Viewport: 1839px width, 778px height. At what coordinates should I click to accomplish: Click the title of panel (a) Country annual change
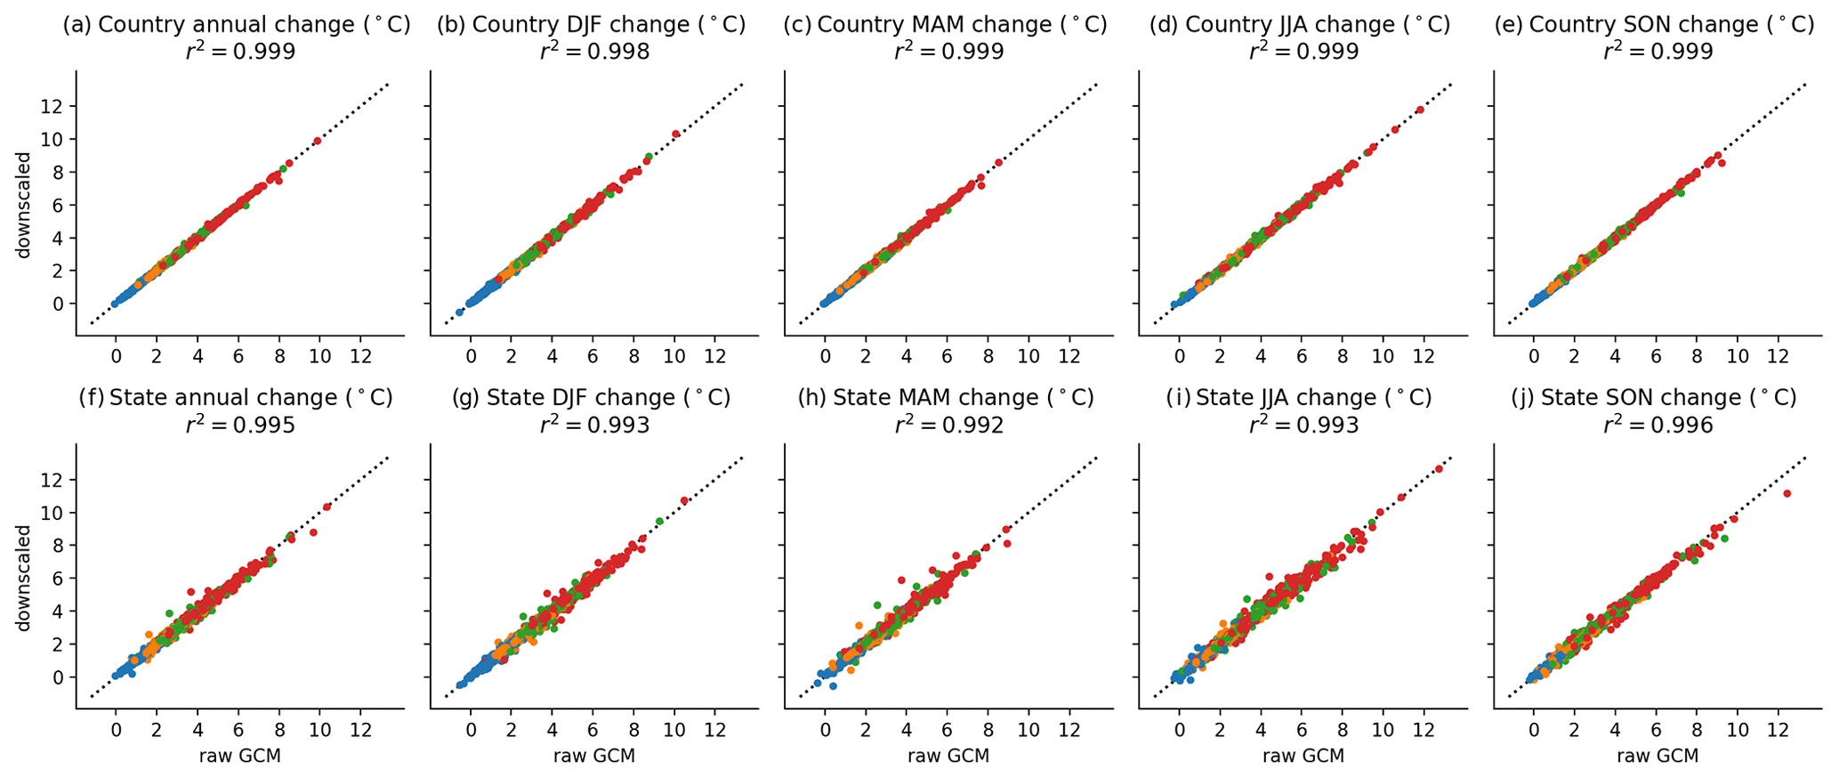point(236,25)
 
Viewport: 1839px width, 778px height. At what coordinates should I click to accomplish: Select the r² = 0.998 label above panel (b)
point(593,52)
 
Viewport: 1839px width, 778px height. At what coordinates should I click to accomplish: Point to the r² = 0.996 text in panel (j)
point(1658,425)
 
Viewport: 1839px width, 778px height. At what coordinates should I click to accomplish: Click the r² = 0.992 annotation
point(948,425)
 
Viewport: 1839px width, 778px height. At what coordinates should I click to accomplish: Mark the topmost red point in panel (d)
point(1420,109)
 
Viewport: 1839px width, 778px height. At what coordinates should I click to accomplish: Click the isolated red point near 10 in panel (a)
point(317,141)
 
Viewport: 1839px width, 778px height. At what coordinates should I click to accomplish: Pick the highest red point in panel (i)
point(1439,468)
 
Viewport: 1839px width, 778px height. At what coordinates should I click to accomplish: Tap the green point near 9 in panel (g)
point(659,521)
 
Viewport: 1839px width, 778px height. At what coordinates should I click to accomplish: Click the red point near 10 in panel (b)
point(675,134)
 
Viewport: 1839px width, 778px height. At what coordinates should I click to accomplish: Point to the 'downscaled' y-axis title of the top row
point(25,206)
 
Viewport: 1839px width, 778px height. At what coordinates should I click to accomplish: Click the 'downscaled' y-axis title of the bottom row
point(25,578)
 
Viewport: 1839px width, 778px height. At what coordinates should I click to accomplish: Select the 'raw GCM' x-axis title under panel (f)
point(239,756)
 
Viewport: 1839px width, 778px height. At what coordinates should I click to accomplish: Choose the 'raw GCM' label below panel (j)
point(1657,756)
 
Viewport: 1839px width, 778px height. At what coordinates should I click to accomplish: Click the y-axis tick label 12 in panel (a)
point(60,106)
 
